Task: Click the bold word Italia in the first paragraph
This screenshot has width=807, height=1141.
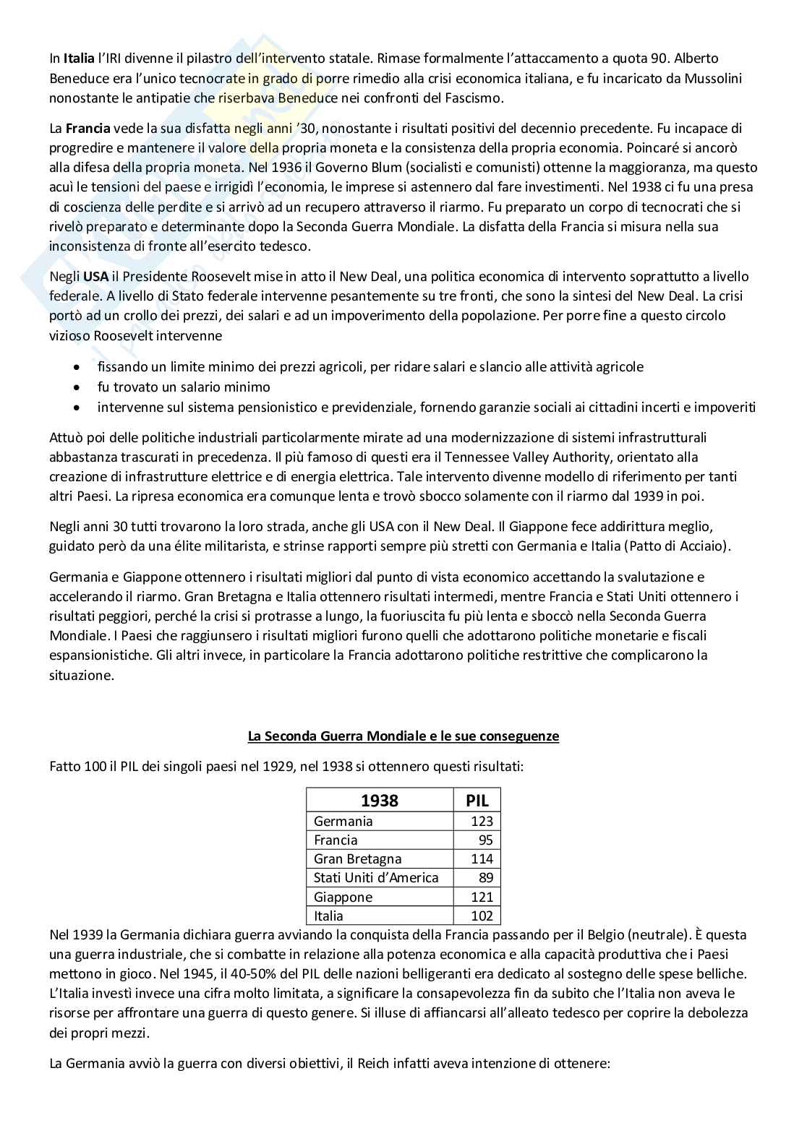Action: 79,59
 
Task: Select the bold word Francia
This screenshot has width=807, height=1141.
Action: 88,129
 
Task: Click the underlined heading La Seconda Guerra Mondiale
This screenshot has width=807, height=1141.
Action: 403,736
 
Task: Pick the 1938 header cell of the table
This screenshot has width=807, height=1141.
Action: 380,800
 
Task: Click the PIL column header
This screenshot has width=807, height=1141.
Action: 477,800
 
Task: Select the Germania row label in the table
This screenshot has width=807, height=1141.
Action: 343,821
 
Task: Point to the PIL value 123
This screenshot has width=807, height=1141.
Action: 482,821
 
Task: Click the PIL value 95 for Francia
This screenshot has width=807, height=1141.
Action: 485,840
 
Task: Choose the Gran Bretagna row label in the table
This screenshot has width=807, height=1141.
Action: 357,858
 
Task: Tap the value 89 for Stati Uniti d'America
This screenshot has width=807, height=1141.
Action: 485,877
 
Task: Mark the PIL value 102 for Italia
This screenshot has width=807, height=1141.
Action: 482,916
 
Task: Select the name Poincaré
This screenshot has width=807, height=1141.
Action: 640,148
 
